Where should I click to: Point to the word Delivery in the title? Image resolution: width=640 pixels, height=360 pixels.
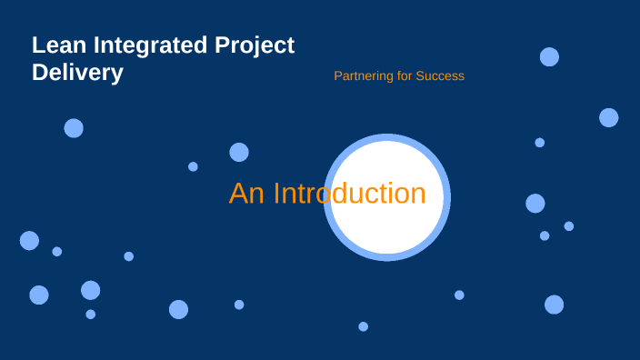(x=77, y=73)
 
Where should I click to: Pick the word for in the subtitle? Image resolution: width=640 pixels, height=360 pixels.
(x=404, y=75)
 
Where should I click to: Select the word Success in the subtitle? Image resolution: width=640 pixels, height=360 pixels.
(x=440, y=75)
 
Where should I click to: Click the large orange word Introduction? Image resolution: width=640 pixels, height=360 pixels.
(x=350, y=194)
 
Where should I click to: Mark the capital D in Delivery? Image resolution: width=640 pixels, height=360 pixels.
(x=40, y=73)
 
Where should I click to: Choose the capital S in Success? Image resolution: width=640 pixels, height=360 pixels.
(x=420, y=75)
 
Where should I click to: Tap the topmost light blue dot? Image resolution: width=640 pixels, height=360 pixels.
(x=549, y=56)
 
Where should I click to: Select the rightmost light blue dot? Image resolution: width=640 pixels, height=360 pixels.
(x=609, y=117)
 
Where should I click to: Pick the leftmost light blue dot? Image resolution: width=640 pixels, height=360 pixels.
(x=29, y=240)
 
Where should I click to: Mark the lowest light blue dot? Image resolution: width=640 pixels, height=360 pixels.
(x=363, y=326)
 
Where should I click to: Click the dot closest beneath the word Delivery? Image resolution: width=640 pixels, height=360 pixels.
(x=74, y=128)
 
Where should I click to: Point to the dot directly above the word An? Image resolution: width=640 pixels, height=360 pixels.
(x=239, y=152)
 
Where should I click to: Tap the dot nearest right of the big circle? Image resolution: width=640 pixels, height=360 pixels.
(x=535, y=204)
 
